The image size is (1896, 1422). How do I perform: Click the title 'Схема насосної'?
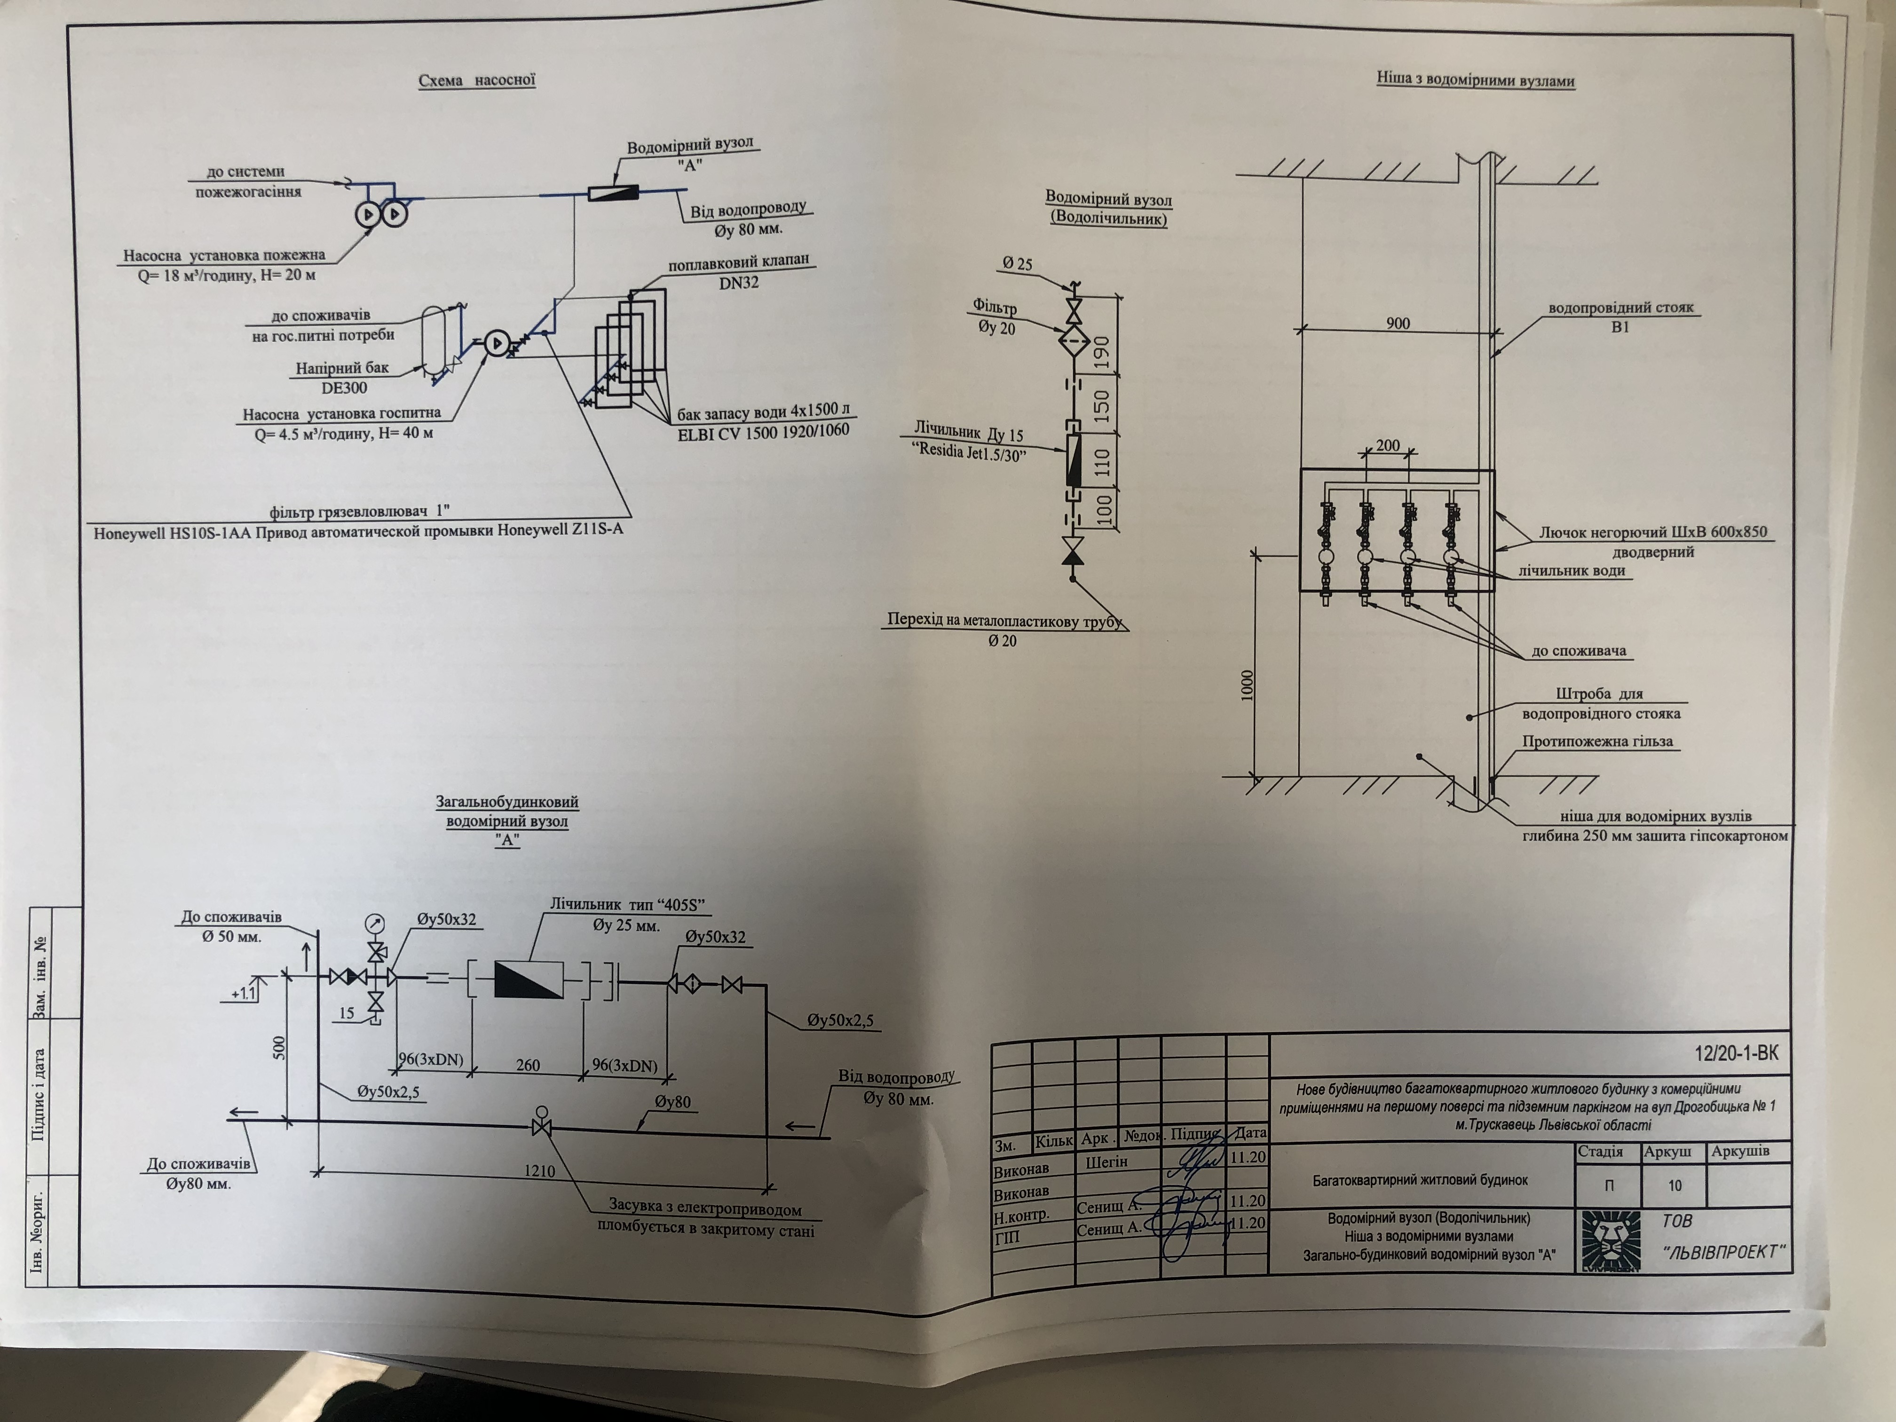pos(476,80)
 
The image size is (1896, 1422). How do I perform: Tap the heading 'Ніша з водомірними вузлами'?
pos(1475,80)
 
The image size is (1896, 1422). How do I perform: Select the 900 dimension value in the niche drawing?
pos(1398,323)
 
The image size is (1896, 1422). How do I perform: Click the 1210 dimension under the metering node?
pos(539,1171)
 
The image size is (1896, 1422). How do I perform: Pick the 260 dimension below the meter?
pos(528,1065)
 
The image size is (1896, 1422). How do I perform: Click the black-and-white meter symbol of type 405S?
pos(529,979)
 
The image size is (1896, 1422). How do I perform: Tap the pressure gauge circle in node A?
pos(375,924)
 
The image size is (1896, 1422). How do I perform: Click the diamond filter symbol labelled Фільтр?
pos(1072,344)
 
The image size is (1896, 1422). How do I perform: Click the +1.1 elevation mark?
pos(244,994)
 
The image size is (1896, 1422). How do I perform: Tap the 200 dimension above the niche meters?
pos(1387,446)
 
